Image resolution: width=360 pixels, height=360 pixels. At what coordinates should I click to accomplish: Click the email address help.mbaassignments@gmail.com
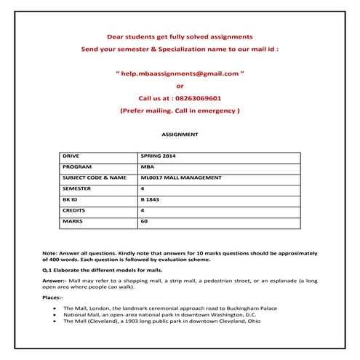pos(180,73)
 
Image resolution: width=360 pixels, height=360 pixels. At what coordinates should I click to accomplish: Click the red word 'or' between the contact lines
pos(180,86)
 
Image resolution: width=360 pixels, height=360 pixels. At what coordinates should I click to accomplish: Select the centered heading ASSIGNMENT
pos(179,135)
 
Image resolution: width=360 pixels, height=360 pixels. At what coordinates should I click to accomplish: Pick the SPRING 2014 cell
pos(158,156)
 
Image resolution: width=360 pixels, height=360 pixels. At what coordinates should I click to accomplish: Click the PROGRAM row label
pos(76,167)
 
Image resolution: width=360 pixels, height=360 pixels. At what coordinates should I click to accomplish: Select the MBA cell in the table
pos(146,167)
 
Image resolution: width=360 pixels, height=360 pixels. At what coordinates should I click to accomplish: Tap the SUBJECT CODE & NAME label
pos(94,177)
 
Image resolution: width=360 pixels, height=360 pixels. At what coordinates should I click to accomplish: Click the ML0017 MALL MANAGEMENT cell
pos(180,177)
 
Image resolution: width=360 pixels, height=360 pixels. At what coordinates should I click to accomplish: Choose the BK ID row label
pos(71,199)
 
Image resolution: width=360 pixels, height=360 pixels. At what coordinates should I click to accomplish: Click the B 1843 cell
pos(149,199)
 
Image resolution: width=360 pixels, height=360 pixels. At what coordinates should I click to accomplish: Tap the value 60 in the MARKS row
pos(144,220)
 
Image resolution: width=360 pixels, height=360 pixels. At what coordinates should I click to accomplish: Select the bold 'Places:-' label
pos(53,297)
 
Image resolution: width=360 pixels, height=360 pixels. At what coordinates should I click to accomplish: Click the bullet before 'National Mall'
pos(56,314)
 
